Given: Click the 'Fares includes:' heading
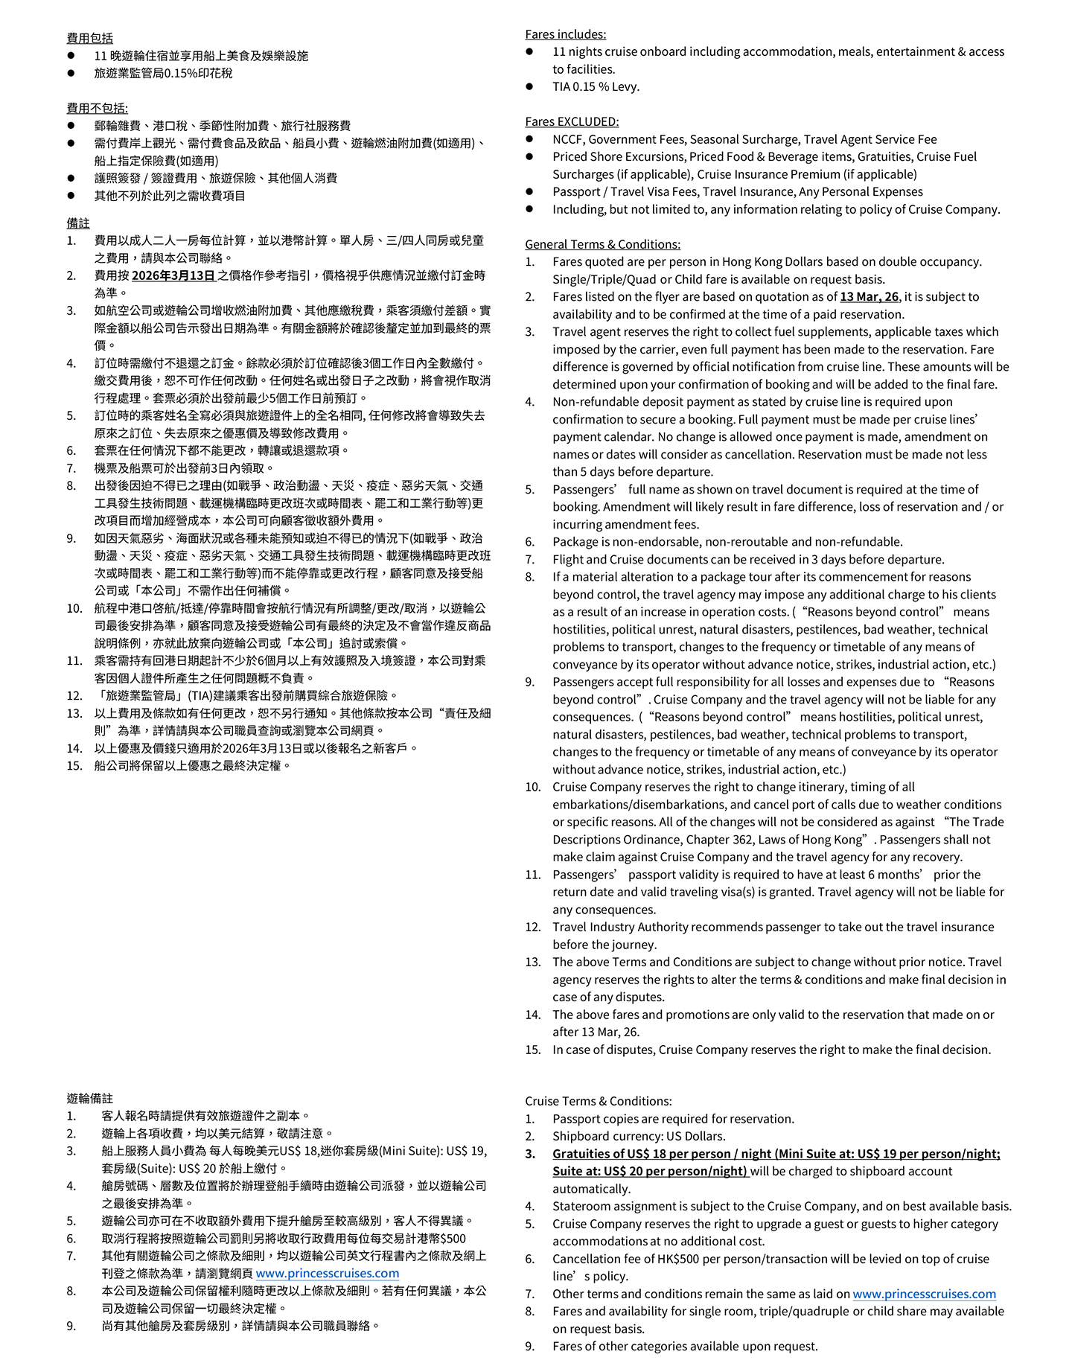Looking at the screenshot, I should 565,34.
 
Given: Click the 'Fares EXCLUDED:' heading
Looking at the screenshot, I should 572,121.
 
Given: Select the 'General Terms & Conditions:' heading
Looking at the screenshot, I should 602,244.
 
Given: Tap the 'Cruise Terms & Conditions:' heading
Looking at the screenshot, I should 598,1101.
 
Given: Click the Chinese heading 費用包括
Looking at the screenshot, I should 89,38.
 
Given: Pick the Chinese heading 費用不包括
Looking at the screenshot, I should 97,108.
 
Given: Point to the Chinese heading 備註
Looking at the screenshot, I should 78,223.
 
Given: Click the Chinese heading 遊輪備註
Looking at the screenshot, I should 89,1098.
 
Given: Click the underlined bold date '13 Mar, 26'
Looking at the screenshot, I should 869,296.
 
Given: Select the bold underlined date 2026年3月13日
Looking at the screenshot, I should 173,275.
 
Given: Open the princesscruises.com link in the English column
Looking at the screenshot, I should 924,1294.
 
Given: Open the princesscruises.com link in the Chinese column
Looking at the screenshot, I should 327,1273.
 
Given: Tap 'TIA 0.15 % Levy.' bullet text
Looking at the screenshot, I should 596,86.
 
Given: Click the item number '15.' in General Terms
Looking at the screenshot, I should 532,1050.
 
